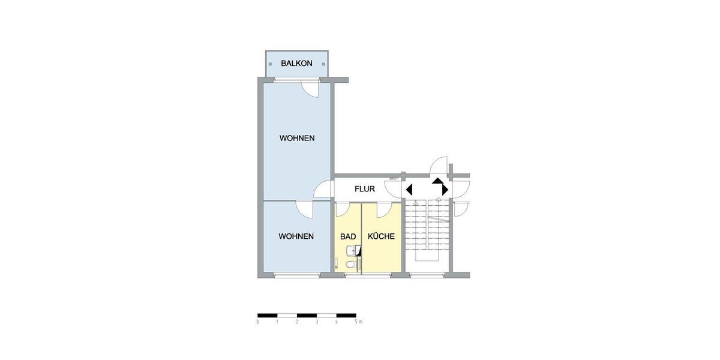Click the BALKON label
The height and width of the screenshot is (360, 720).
pos(296,63)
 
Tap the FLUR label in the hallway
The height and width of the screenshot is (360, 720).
pos(365,189)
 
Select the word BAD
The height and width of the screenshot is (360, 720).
pos(348,236)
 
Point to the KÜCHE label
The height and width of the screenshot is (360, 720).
pos(381,236)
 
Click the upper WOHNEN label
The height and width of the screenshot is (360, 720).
pos(297,138)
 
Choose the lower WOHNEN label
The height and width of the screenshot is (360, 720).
pos(296,236)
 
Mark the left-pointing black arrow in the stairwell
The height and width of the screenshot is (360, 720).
pos(409,190)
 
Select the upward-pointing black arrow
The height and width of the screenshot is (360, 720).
pos(437,179)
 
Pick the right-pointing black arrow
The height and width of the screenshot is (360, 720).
pos(445,190)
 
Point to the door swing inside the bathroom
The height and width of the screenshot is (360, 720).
pos(344,210)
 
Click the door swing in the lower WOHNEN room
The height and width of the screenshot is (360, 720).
pos(305,210)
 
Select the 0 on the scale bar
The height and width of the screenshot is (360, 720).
pos(258,322)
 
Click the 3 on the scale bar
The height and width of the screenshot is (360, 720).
pos(317,322)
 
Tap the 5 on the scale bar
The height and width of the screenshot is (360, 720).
pos(356,322)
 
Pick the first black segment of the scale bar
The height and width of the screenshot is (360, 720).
pos(268,315)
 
